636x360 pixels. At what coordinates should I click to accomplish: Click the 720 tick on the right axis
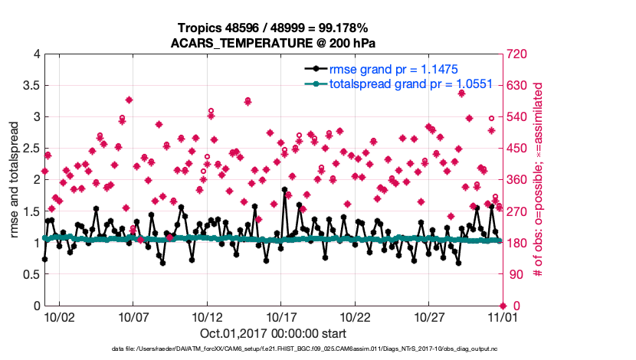click(x=516, y=54)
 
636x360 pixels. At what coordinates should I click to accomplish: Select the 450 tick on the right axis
click(x=516, y=149)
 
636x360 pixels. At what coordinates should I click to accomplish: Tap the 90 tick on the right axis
click(x=513, y=274)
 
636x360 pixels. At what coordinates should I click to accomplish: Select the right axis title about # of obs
click(x=538, y=179)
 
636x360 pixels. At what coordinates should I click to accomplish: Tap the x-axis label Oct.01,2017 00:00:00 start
click(x=273, y=334)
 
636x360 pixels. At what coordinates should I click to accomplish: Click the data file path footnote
click(x=316, y=349)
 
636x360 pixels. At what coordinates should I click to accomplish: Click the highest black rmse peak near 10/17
click(x=284, y=189)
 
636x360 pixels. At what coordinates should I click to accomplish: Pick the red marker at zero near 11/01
click(x=502, y=306)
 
